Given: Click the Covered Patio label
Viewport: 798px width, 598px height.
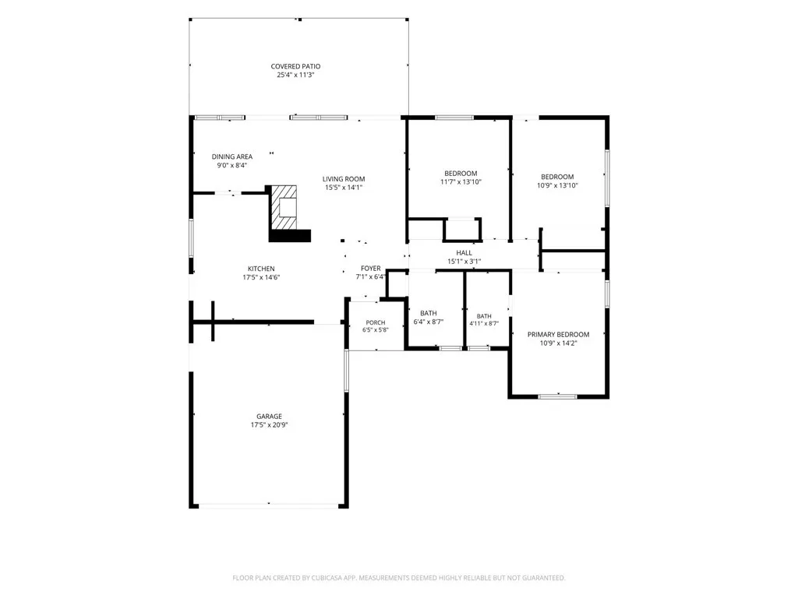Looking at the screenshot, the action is tap(295, 66).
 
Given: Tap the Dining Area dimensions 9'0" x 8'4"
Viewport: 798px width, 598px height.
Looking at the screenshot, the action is tap(232, 165).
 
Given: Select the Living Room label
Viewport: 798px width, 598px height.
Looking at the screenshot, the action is tap(344, 179).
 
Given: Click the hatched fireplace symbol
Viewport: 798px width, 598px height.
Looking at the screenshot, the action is tap(284, 207).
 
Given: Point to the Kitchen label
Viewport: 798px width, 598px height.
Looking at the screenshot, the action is tap(261, 269).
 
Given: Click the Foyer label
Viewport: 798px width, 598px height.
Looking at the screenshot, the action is tap(370, 269).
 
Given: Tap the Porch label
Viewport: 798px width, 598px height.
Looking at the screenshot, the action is tap(376, 322).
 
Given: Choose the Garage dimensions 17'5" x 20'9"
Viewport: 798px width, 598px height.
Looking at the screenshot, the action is tap(269, 424).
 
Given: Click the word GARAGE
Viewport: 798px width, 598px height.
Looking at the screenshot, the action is tap(269, 416).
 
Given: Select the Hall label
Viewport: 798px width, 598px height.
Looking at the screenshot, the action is tap(464, 253).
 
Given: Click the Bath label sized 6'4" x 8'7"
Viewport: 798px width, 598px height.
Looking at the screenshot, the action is tap(429, 313).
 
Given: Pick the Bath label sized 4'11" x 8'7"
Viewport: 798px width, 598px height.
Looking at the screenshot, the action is tap(484, 316).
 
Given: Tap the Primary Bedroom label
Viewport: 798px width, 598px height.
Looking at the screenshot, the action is tap(558, 335).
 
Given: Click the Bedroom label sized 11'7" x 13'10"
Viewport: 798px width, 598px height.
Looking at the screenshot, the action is tap(461, 174).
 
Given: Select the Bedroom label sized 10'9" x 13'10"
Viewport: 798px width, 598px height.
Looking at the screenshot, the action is tap(557, 177).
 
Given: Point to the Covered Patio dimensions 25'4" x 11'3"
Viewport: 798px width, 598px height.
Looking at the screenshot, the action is tap(295, 75).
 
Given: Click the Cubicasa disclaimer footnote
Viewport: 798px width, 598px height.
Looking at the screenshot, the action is tap(398, 578).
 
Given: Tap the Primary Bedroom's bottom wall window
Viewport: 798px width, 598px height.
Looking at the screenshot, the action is tap(558, 396).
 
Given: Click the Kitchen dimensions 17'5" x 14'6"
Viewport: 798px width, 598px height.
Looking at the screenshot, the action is tap(261, 277).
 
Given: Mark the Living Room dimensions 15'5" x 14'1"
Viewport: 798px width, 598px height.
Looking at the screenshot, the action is tap(344, 187).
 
